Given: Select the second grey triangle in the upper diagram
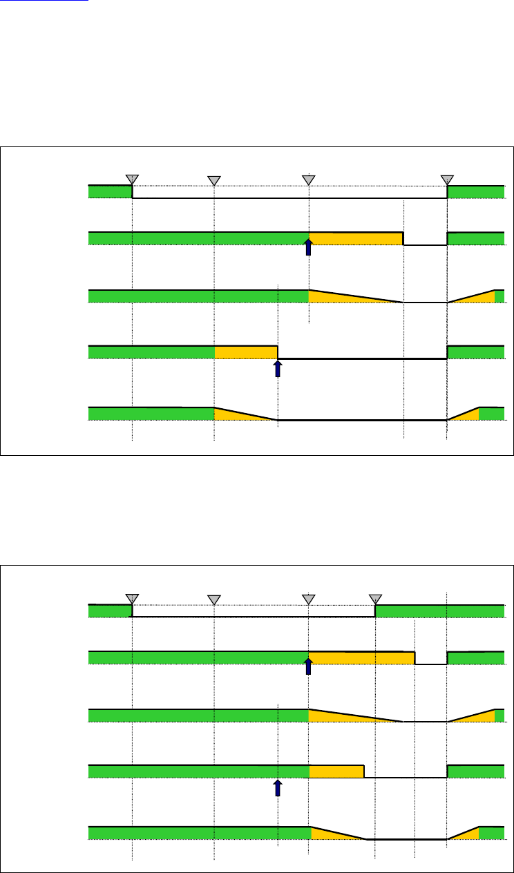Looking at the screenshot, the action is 214,181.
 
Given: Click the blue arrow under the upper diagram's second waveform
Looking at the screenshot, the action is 309,247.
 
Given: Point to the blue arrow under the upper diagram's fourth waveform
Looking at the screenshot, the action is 278,368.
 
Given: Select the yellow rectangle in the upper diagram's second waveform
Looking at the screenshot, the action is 356,239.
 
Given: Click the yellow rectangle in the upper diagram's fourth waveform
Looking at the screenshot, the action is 246,352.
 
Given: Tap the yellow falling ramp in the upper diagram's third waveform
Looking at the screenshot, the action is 339,297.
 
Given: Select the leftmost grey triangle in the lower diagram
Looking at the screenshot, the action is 132,598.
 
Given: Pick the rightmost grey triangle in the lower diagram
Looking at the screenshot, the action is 375,599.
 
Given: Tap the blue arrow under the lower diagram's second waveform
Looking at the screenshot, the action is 309,666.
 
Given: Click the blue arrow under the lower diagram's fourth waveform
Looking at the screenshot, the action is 278,787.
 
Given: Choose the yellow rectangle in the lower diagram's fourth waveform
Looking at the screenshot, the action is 336,771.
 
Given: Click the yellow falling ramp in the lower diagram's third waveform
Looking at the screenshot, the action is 339,716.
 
